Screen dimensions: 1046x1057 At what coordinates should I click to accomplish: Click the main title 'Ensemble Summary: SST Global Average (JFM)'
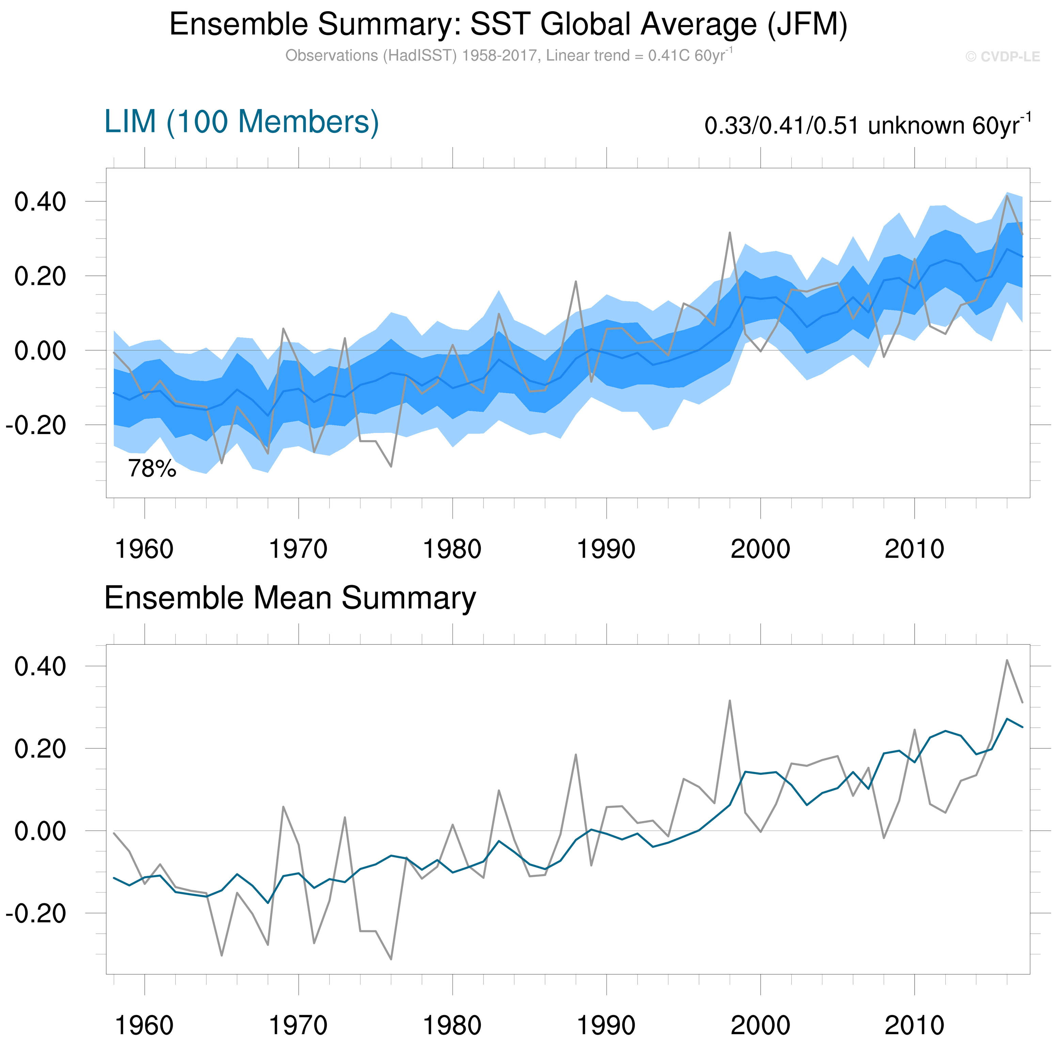[x=508, y=25]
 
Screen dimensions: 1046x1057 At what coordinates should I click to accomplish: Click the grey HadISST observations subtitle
[x=508, y=56]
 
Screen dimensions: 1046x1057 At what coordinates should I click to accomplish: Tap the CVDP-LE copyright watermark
[x=1002, y=57]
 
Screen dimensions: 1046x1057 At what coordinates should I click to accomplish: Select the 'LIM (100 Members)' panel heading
[x=241, y=122]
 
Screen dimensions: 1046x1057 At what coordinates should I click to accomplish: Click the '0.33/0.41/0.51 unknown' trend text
[x=867, y=126]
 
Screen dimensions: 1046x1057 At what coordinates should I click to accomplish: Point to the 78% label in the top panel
[x=152, y=469]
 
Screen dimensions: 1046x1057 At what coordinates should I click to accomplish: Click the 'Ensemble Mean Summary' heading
[x=290, y=598]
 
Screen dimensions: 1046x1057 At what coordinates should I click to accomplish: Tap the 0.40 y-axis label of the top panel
[x=40, y=202]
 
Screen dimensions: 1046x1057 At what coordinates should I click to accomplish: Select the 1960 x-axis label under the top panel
[x=144, y=549]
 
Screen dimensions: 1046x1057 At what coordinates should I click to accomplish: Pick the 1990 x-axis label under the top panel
[x=606, y=549]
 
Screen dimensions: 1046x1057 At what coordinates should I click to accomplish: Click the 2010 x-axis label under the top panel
[x=914, y=549]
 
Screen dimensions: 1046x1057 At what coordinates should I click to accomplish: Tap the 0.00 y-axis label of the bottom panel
[x=40, y=831]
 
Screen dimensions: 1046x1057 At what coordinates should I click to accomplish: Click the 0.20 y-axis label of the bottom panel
[x=40, y=749]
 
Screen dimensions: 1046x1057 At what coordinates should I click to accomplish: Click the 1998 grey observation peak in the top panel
[x=730, y=233]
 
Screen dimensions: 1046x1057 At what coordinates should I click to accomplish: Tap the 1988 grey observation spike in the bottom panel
[x=575, y=755]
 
